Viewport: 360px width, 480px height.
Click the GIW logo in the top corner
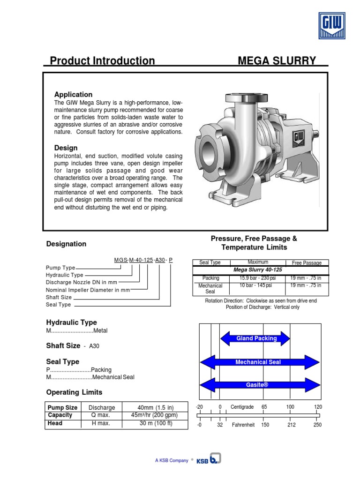point(332,25)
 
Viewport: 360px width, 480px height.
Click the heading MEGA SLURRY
point(277,61)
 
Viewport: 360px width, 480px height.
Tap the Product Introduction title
point(102,61)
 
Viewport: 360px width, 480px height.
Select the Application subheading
point(73,95)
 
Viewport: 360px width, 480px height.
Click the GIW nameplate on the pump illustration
point(299,139)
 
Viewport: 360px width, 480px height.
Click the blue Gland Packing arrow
point(256,338)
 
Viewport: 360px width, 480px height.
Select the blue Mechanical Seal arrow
point(260,362)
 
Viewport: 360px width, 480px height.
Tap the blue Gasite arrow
point(260,385)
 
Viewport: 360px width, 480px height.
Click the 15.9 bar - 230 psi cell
point(258,278)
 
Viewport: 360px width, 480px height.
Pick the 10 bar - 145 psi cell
point(258,285)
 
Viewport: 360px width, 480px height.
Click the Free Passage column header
point(307,263)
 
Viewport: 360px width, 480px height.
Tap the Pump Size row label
point(62,407)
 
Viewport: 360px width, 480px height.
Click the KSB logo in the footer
point(209,460)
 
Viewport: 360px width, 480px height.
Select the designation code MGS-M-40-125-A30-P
point(143,260)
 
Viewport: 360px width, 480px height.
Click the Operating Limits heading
point(74,392)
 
